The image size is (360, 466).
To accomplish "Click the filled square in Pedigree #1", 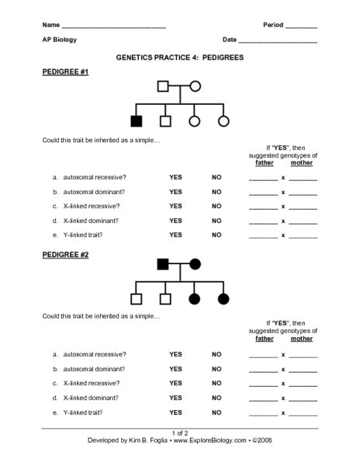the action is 137,120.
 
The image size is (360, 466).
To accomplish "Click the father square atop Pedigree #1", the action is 164,86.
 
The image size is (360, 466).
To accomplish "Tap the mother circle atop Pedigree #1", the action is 195,86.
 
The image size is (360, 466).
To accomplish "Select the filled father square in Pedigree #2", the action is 164,264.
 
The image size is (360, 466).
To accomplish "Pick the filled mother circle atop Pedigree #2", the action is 195,264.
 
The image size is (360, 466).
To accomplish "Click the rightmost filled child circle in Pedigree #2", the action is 223,298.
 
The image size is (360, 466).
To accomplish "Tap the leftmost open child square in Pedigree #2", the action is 137,298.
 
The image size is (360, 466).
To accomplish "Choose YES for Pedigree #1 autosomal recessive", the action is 175,177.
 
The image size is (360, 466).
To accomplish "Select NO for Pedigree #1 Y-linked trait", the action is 216,235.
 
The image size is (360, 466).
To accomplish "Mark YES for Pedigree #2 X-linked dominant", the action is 175,398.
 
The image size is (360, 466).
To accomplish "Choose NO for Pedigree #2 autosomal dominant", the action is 216,369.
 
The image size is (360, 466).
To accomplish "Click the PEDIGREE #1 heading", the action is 66,72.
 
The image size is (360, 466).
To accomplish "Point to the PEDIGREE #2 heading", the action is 66,254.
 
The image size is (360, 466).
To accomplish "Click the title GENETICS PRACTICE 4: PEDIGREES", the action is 179,57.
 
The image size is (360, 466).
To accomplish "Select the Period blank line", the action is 301,26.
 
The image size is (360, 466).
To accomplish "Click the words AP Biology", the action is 60,40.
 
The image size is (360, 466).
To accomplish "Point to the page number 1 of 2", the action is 179,432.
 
